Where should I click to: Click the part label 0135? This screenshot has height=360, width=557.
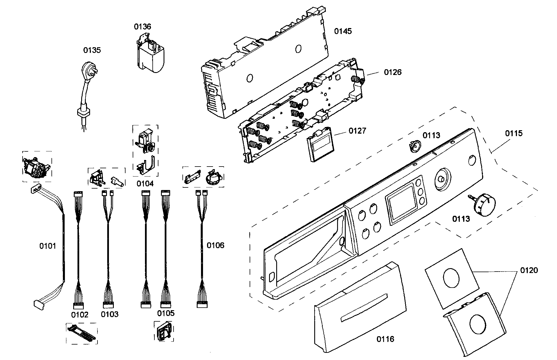pos(92,50)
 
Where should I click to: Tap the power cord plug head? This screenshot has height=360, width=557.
pos(89,70)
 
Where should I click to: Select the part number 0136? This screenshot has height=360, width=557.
pos(142,27)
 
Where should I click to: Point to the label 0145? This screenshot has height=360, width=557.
pos(343,31)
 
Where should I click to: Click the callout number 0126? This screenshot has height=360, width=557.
pos(393,72)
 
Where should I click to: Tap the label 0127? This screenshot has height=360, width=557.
pos(357,131)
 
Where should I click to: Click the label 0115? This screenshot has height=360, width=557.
pos(514,133)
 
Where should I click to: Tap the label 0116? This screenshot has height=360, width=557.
pos(385,339)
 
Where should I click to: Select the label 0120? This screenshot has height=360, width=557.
pos(529,270)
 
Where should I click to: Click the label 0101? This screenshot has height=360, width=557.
pos(47,246)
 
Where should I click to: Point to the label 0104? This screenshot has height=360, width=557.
pos(145,184)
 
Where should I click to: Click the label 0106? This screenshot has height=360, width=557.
pos(215,245)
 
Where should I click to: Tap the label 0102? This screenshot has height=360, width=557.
pos(80,315)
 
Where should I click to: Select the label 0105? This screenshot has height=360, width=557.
pos(166,313)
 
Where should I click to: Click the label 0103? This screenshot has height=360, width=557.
pos(110,314)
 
